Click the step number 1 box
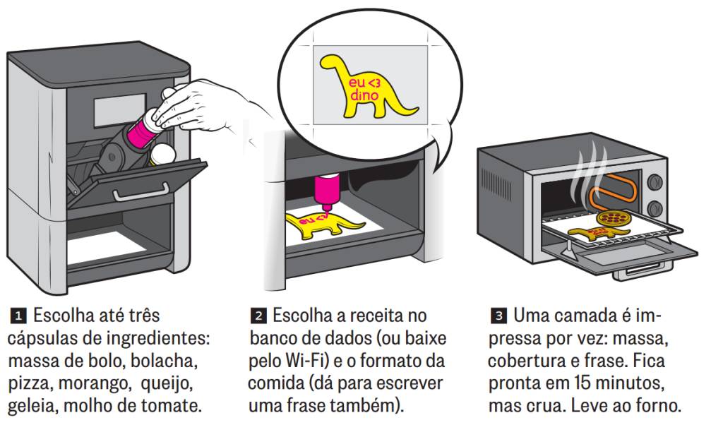(x=18, y=316)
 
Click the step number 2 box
(x=258, y=316)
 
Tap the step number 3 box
(x=499, y=316)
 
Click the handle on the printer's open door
(x=141, y=193)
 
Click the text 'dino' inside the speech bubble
(x=364, y=95)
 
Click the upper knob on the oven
(x=655, y=182)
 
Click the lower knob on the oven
(x=655, y=208)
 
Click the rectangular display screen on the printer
(x=120, y=111)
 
